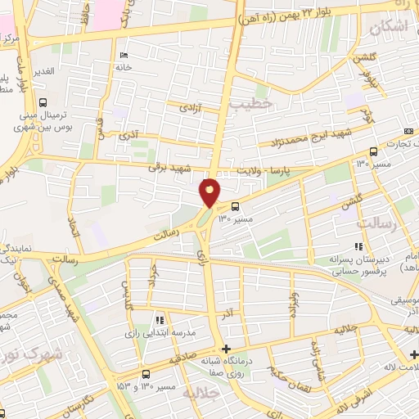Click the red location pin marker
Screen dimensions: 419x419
[x=210, y=191]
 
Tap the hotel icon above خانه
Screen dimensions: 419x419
[x=123, y=56]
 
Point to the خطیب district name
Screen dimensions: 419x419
[x=245, y=105]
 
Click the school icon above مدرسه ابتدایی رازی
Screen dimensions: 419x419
[x=160, y=319]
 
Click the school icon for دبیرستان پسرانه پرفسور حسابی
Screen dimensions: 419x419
[x=357, y=246]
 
